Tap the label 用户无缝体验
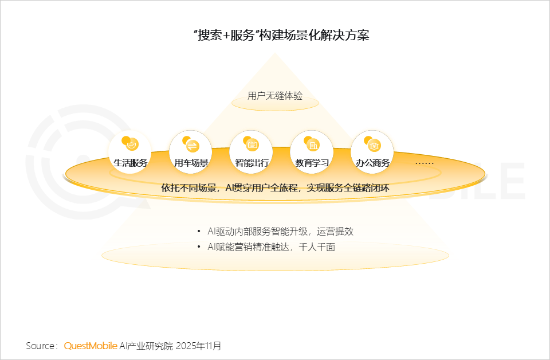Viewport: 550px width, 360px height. pyautogui.click(x=275, y=96)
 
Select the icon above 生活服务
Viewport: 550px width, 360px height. pyautogui.click(x=131, y=143)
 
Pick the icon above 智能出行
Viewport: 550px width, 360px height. pyautogui.click(x=252, y=143)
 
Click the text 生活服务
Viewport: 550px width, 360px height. pyautogui.click(x=131, y=163)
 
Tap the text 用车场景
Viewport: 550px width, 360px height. pyautogui.click(x=191, y=163)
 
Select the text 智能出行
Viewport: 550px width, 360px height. pyautogui.click(x=252, y=163)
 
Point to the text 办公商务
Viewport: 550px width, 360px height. pyautogui.click(x=373, y=163)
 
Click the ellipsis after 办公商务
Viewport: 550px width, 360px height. pyautogui.click(x=425, y=163)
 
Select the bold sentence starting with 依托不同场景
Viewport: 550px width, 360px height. pyautogui.click(x=276, y=187)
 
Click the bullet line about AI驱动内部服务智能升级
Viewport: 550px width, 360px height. pyautogui.click(x=280, y=232)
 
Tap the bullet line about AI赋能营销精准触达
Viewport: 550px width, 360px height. pyautogui.click(x=271, y=247)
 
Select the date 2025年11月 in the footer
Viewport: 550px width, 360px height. pyautogui.click(x=198, y=346)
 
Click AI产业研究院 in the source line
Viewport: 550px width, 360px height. pyautogui.click(x=146, y=346)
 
